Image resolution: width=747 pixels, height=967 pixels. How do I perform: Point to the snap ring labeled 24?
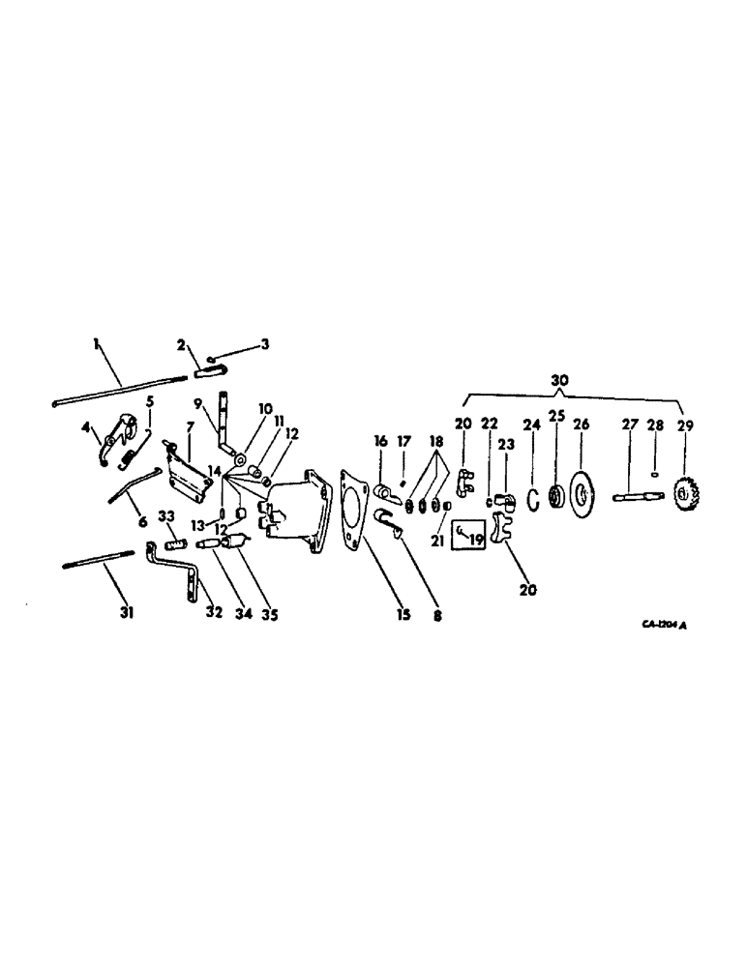[x=532, y=498]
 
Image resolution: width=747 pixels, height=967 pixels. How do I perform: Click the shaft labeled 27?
[x=635, y=498]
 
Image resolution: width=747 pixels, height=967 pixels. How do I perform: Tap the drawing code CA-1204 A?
[x=665, y=625]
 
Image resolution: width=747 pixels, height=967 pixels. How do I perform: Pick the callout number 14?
[x=214, y=471]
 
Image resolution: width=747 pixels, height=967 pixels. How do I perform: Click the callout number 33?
[x=165, y=515]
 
